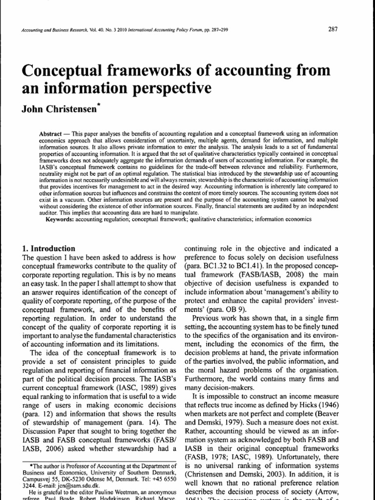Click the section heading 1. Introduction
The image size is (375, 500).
click(x=49, y=248)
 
